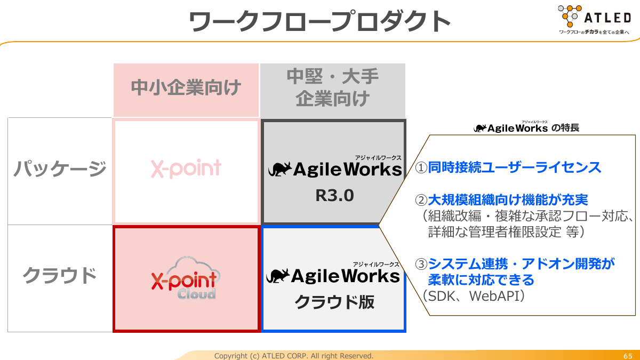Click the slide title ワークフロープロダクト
pos(320,22)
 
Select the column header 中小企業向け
pos(186,87)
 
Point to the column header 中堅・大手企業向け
pos(333,87)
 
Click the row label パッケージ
pos(60,169)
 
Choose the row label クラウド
pos(60,276)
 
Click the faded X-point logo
pos(186,169)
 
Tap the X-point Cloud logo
pos(186,279)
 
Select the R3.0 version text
pos(334,196)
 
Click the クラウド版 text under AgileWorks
pos(334,302)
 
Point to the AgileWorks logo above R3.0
pos(334,169)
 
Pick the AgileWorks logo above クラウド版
pos(333,276)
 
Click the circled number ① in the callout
pos(421,168)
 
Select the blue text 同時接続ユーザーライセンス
pos(515,168)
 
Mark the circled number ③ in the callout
pos(421,263)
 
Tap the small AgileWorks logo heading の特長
pos(510,129)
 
